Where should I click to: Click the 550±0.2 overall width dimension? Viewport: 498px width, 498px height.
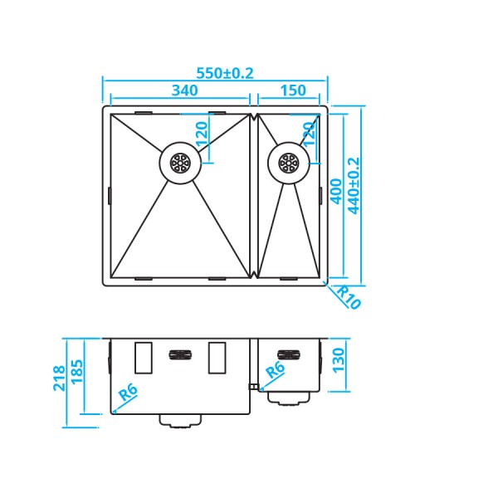224,73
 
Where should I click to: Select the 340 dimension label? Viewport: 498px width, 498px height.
184,90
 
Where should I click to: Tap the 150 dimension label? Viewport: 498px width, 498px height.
292,90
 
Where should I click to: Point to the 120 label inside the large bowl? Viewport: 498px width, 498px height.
201,133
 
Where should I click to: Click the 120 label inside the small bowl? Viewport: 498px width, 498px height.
309,134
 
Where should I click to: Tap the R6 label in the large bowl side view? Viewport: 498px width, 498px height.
127,393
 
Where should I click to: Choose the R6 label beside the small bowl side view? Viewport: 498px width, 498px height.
275,373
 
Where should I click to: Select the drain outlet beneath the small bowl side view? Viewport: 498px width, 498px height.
290,398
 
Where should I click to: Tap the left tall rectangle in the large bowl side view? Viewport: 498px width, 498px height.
142,358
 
